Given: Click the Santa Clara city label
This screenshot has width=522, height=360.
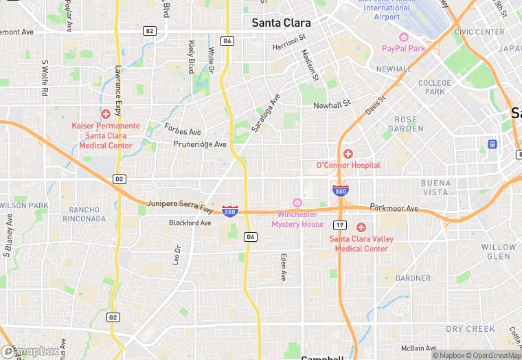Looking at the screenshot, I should point(281,23).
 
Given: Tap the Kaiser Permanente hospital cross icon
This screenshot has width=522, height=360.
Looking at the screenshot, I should point(105,114).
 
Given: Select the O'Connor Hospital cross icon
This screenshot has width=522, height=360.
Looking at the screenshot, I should point(348,154).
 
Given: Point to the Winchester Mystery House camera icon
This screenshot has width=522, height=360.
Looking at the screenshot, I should point(297,202).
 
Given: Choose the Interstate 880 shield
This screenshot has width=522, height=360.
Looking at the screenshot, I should point(340,191).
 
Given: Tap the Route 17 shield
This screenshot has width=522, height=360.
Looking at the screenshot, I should point(340,225).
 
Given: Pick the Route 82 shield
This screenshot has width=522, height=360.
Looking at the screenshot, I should point(150,31).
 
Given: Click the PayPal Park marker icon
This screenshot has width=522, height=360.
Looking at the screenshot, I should point(404,37).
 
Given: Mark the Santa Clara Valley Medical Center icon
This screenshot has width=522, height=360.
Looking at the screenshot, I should point(361,227).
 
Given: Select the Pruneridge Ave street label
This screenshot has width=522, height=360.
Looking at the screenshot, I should point(200,144).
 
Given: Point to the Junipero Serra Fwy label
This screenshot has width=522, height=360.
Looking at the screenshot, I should point(181,205).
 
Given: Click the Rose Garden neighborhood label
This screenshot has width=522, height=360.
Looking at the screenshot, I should point(406,123).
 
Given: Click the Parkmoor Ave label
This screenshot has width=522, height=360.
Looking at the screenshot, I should point(394,207).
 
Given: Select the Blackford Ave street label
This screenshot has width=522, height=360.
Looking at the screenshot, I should point(190,223).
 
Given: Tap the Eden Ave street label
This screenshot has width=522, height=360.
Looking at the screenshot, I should point(282,267).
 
